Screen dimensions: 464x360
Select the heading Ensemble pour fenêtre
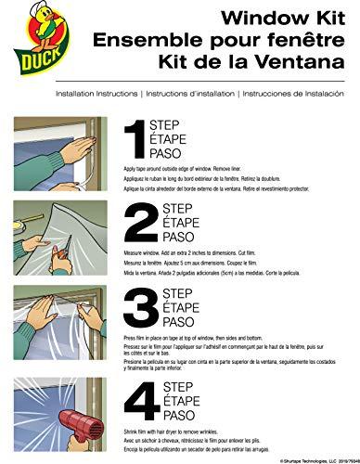(x=229, y=42)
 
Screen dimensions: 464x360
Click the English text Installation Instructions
(x=96, y=95)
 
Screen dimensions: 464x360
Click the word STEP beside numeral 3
(x=179, y=295)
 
